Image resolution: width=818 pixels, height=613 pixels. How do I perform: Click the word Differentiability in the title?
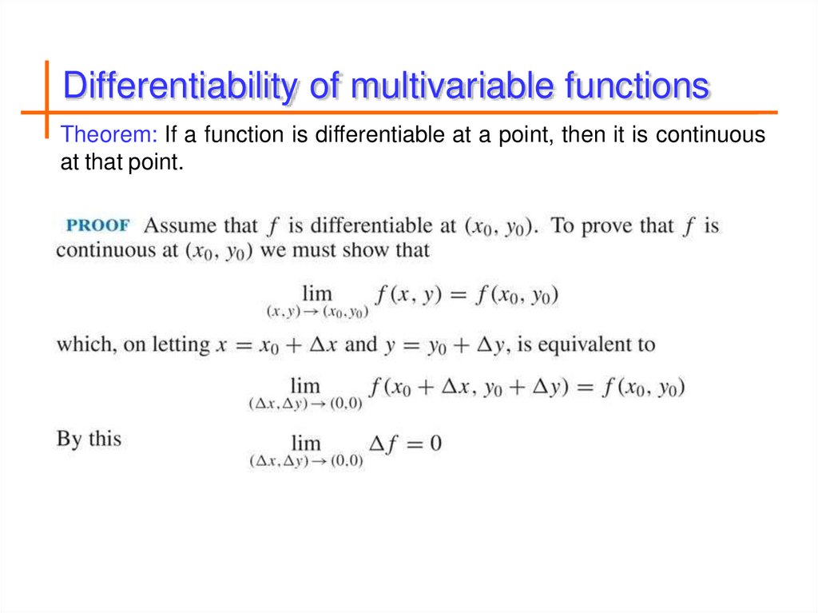tap(181, 87)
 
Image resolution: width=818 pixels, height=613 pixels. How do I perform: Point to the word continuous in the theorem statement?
tap(710, 134)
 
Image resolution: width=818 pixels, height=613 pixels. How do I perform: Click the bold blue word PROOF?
tap(97, 225)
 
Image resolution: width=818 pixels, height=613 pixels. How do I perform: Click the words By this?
tap(89, 439)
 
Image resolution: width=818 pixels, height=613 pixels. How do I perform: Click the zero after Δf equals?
tap(435, 443)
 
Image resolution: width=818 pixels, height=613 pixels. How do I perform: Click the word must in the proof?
tap(314, 250)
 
